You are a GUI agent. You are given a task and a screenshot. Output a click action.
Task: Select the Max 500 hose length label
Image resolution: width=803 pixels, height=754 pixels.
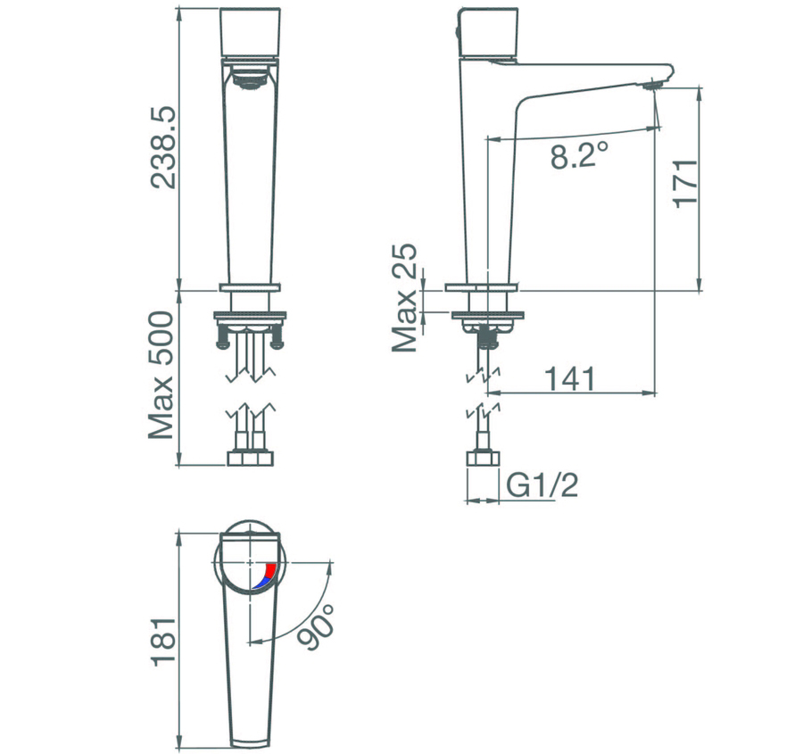click(x=161, y=376)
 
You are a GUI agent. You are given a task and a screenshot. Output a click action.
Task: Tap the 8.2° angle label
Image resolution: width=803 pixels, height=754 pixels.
click(x=579, y=156)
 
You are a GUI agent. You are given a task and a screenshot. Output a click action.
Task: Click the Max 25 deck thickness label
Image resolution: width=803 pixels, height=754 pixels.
click(x=406, y=298)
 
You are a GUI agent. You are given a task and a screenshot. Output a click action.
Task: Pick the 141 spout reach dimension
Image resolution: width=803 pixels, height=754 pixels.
click(x=571, y=378)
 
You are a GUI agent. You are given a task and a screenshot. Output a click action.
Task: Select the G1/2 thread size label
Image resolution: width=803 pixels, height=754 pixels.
click(x=543, y=485)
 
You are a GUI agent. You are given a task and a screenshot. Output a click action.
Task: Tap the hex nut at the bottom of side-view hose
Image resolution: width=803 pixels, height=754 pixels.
click(x=482, y=459)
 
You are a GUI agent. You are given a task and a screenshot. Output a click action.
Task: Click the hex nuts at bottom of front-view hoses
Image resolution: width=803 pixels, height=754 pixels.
click(x=252, y=459)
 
